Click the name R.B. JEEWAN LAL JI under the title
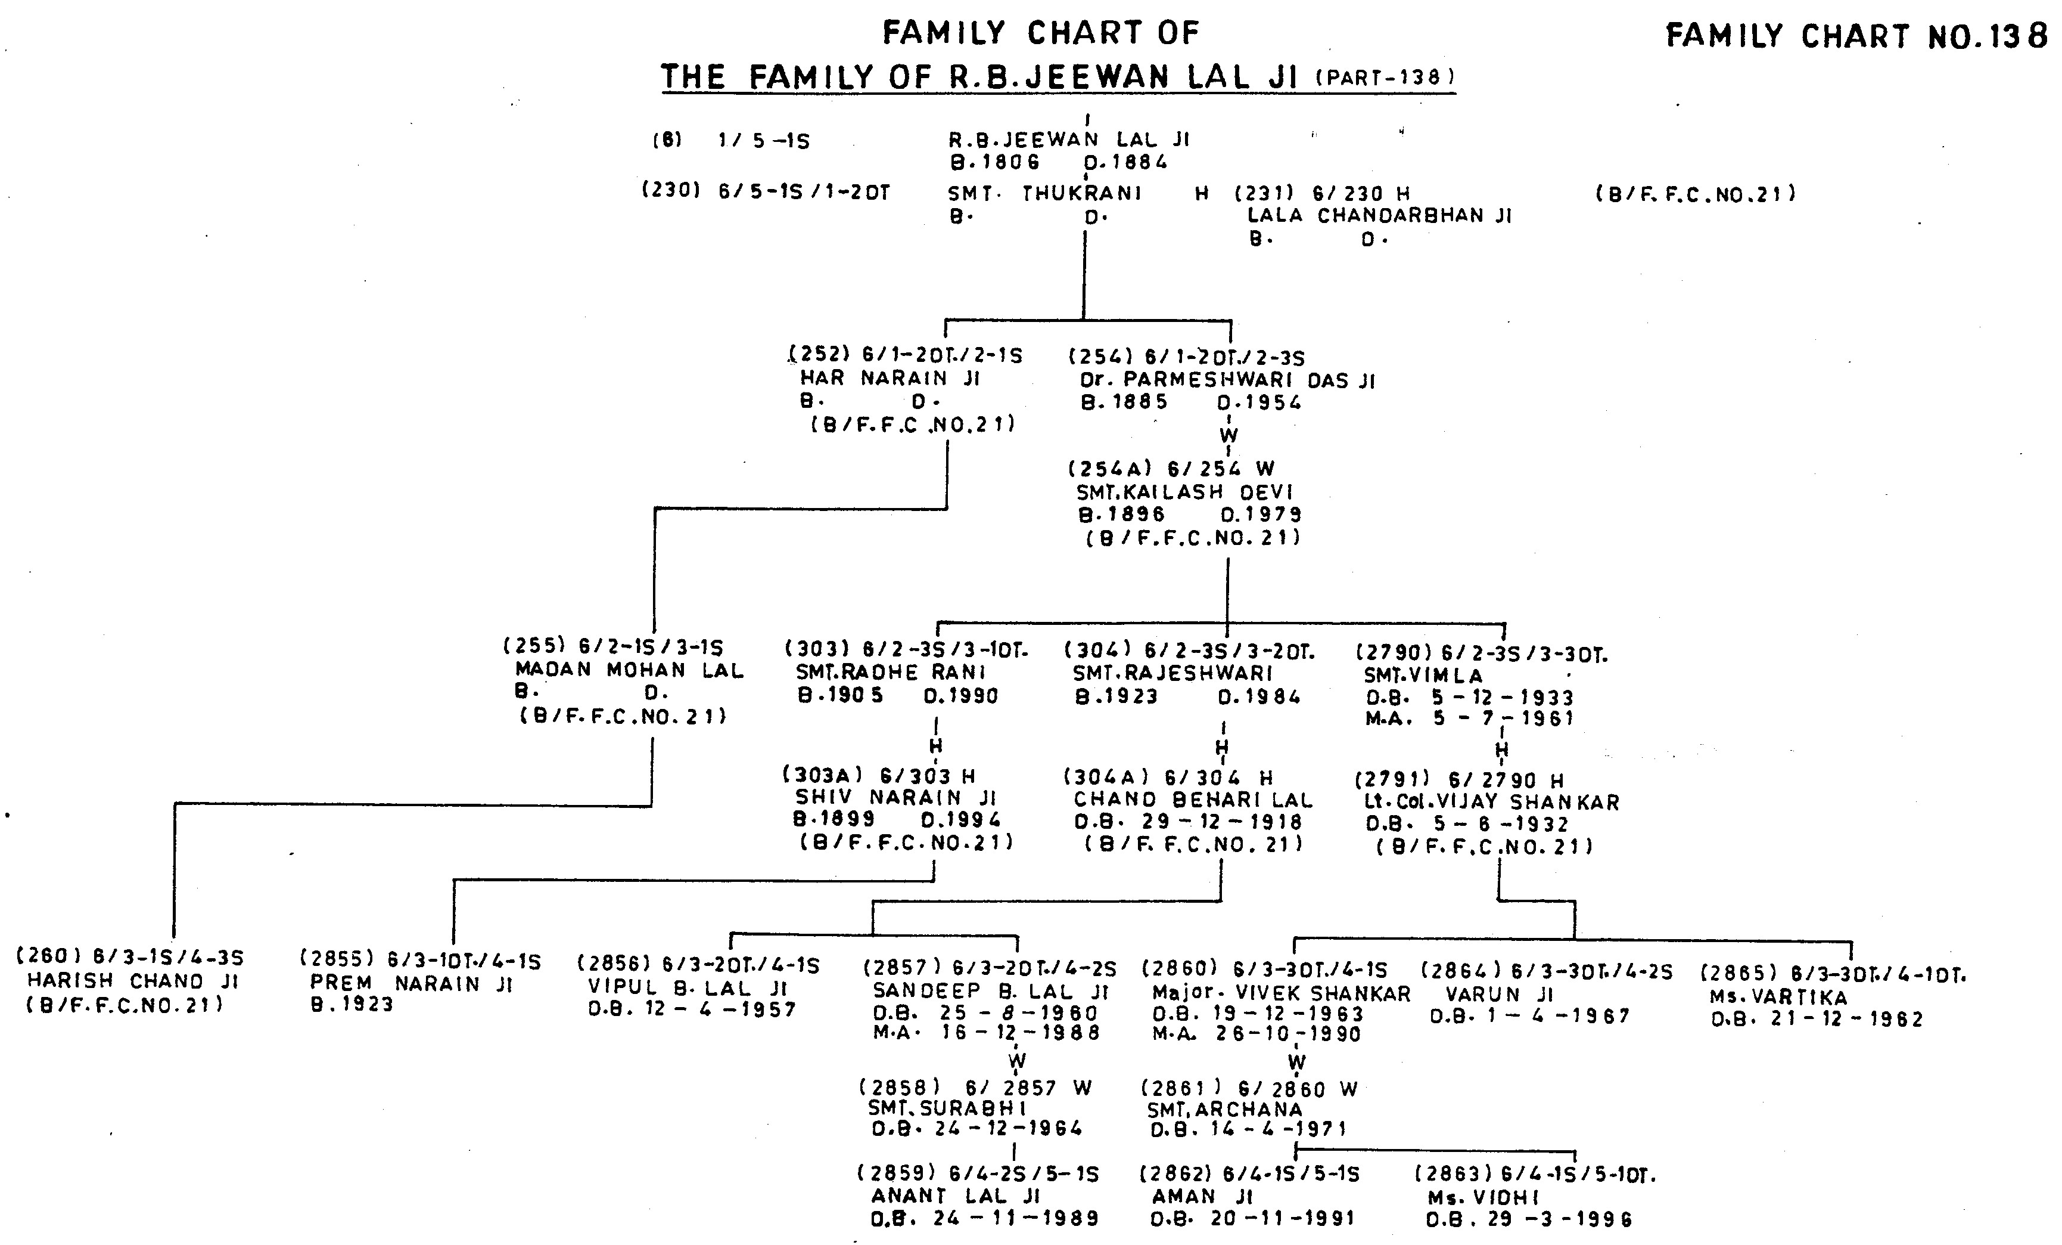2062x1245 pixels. pos(1069,139)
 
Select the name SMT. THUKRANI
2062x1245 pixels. pos(1044,193)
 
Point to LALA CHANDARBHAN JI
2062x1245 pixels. pos(1379,215)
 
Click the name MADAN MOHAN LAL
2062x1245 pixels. pos(629,670)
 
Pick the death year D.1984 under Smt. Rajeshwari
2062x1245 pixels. pos(1259,696)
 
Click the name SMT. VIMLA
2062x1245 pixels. pos(1423,675)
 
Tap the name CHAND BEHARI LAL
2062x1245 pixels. pos(1193,800)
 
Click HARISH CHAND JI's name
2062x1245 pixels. pos(133,980)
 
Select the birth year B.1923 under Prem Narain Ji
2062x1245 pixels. pos(352,1004)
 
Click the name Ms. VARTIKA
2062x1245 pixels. pos(1778,997)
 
